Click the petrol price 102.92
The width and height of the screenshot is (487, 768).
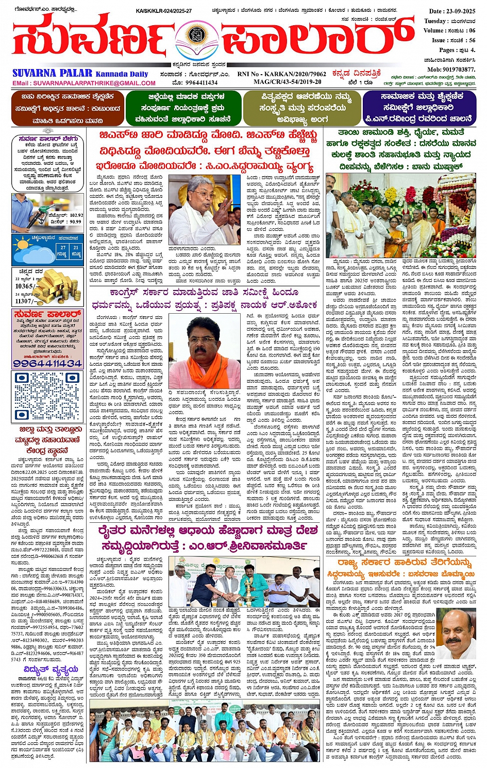pyautogui.click(x=75, y=215)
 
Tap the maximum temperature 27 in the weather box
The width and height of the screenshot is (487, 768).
pyautogui.click(x=62, y=248)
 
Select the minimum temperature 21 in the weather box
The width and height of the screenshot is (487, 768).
pyautogui.click(x=76, y=248)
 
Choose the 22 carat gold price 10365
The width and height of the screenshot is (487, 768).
pyautogui.click(x=24, y=286)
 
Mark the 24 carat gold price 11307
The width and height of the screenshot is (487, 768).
pyautogui.click(x=24, y=301)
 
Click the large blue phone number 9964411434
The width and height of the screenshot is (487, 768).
pyautogui.click(x=47, y=363)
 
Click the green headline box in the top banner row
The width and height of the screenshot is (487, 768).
pyautogui.click(x=182, y=108)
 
